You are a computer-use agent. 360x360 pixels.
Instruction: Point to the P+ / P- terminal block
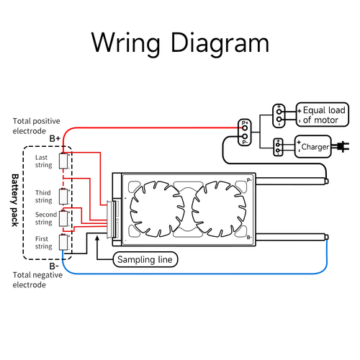[244, 132]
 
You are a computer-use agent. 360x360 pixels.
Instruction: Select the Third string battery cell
[63, 195]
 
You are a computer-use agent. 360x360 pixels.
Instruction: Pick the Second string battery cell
[63, 217]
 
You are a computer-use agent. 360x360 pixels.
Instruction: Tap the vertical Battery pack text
[14, 199]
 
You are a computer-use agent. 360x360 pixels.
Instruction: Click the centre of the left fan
[153, 207]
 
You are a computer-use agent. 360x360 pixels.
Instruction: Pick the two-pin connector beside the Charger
[279, 147]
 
